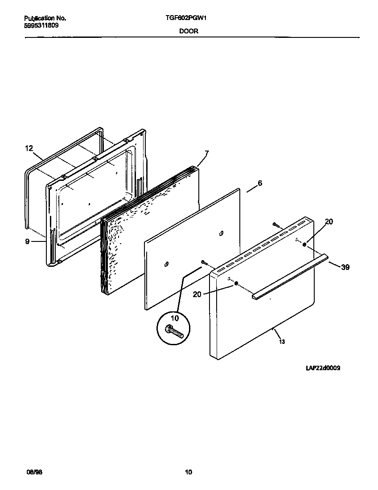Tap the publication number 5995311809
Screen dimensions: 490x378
click(41, 25)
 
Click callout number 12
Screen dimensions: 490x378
click(29, 149)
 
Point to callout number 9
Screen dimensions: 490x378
click(27, 241)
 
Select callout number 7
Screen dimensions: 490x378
click(206, 154)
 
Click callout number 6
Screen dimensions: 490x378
click(260, 184)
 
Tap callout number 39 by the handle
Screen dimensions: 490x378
click(345, 267)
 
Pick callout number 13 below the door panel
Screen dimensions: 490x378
click(282, 342)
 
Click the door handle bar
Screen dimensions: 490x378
click(290, 276)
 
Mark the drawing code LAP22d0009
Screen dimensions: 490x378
click(323, 368)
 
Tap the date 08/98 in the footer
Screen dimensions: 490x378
click(30, 472)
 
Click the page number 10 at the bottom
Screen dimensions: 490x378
click(189, 472)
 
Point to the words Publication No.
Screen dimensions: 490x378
click(45, 19)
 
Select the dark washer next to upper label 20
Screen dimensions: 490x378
click(304, 244)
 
